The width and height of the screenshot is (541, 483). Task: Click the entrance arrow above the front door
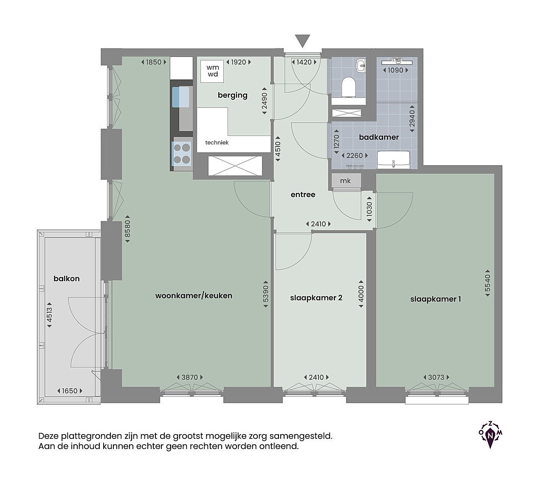click(302, 41)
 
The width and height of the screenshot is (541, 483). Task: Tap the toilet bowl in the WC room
click(349, 87)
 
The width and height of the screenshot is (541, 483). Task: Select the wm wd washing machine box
click(212, 71)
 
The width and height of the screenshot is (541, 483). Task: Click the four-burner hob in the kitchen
click(182, 154)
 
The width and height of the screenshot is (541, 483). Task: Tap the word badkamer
click(379, 137)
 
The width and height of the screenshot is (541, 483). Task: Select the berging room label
click(232, 96)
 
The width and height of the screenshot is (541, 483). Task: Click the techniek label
click(217, 143)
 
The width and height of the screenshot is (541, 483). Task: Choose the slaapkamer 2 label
click(316, 298)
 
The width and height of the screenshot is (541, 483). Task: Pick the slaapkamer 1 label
click(436, 299)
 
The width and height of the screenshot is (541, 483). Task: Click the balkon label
click(67, 279)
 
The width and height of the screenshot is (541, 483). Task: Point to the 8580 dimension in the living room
click(128, 229)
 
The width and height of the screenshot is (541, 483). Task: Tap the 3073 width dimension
click(436, 377)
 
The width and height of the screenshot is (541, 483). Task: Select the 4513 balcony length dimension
click(49, 315)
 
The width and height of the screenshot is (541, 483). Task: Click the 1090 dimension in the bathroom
click(395, 70)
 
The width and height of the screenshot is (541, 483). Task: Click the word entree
click(303, 195)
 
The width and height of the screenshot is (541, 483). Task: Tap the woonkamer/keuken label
click(194, 296)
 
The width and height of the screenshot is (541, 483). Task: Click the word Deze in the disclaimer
click(48, 436)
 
